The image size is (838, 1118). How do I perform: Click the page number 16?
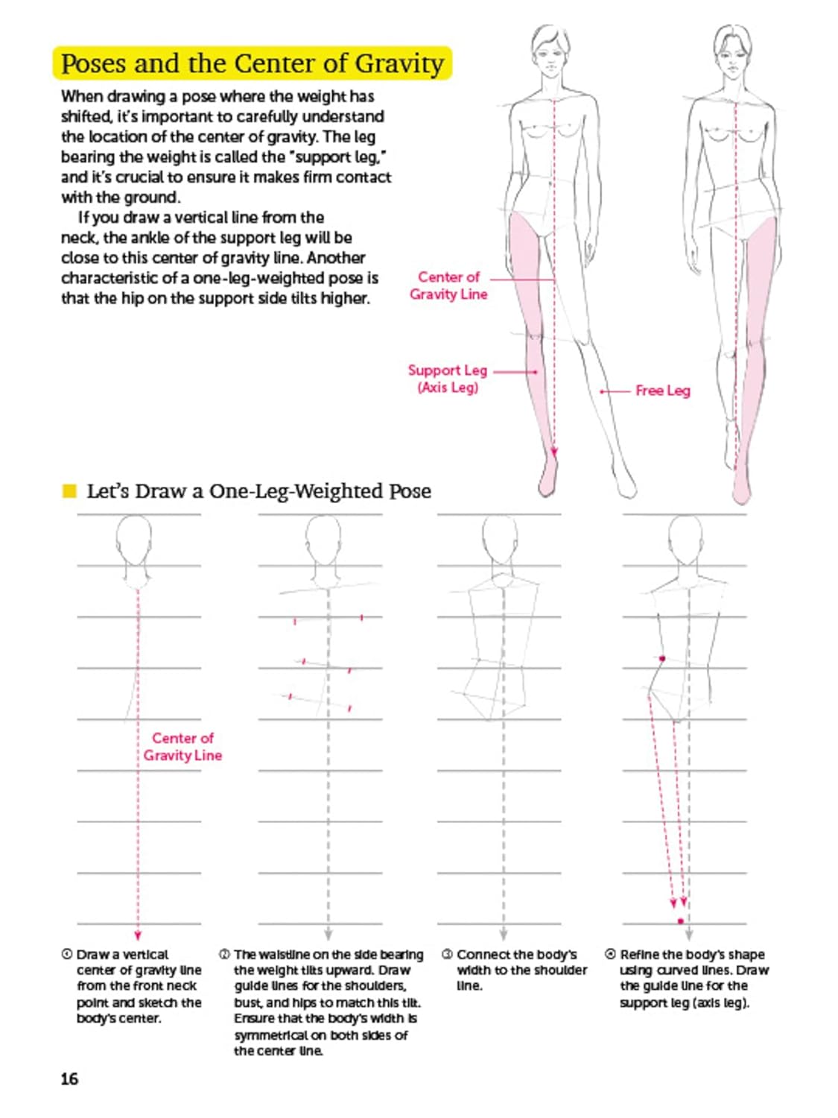[x=69, y=1078]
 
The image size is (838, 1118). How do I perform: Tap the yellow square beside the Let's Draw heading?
[x=69, y=490]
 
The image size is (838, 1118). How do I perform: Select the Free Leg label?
[x=662, y=391]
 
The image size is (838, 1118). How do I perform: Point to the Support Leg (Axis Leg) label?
[x=448, y=379]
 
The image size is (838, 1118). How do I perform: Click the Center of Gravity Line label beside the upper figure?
[x=448, y=285]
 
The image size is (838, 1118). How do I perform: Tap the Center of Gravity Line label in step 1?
[x=182, y=746]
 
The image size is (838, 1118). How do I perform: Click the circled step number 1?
[x=66, y=954]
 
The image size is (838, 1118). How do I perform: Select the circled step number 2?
[x=224, y=954]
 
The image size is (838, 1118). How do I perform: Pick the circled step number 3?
[x=447, y=954]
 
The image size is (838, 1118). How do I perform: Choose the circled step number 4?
[x=611, y=954]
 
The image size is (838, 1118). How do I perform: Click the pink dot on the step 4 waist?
[x=662, y=659]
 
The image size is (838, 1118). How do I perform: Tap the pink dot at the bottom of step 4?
[x=681, y=921]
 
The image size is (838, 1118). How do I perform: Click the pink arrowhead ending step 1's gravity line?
[x=137, y=935]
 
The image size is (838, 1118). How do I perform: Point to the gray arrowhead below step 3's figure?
[x=504, y=935]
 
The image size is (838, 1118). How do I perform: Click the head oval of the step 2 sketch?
[x=323, y=540]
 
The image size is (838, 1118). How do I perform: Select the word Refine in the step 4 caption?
[x=635, y=955]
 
